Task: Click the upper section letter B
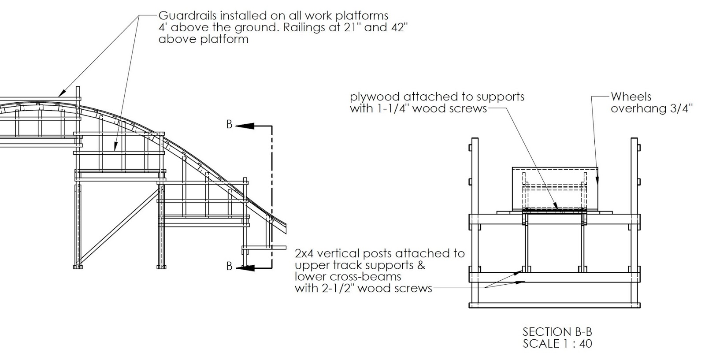point(229,125)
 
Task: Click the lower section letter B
point(229,266)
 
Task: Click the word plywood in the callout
point(374,96)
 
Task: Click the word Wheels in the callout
point(631,96)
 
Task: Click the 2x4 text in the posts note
point(304,253)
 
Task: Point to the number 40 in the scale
point(586,344)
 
